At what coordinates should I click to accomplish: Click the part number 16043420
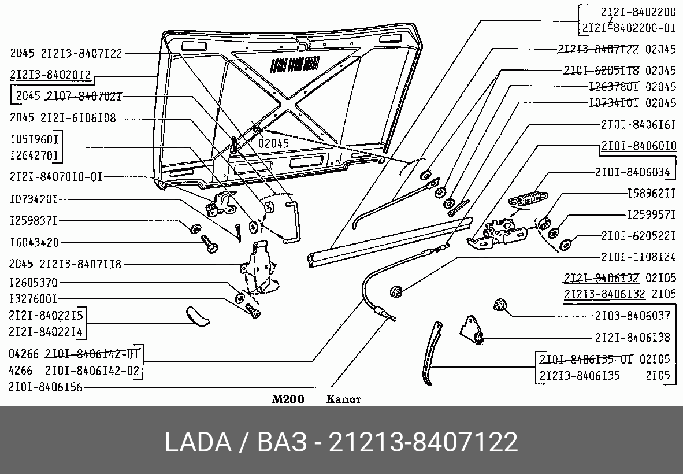click(34, 242)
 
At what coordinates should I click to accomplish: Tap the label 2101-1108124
click(638, 256)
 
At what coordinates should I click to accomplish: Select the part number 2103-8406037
click(632, 316)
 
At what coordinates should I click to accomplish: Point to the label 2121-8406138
click(632, 338)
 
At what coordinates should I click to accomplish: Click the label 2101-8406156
click(46, 388)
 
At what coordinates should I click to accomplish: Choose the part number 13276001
click(34, 299)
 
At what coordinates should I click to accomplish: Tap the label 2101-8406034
click(632, 172)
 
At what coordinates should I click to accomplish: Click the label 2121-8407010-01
click(55, 177)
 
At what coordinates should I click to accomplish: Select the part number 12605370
click(34, 283)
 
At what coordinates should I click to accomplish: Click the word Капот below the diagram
click(344, 399)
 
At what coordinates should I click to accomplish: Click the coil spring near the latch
click(526, 197)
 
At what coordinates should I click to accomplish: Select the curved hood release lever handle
click(430, 355)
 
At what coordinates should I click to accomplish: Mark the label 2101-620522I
click(638, 236)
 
